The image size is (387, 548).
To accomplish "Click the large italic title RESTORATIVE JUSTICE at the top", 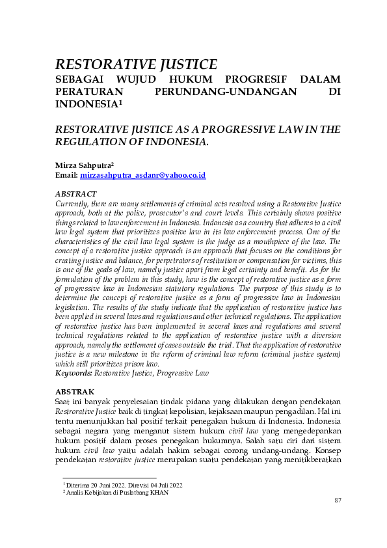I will (136, 64).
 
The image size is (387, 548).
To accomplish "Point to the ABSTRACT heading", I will (75, 194).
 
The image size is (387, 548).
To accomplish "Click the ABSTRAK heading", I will (75, 392).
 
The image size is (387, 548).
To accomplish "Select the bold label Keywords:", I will (73, 374).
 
